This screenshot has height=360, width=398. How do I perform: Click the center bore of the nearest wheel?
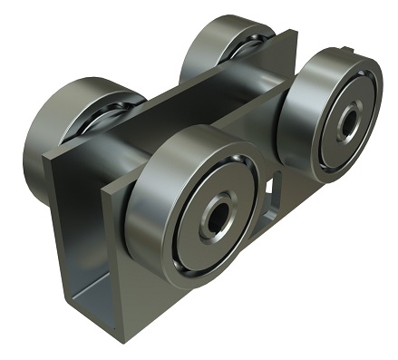coord(217,218)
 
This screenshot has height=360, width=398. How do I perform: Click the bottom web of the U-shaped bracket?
coord(91,295)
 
